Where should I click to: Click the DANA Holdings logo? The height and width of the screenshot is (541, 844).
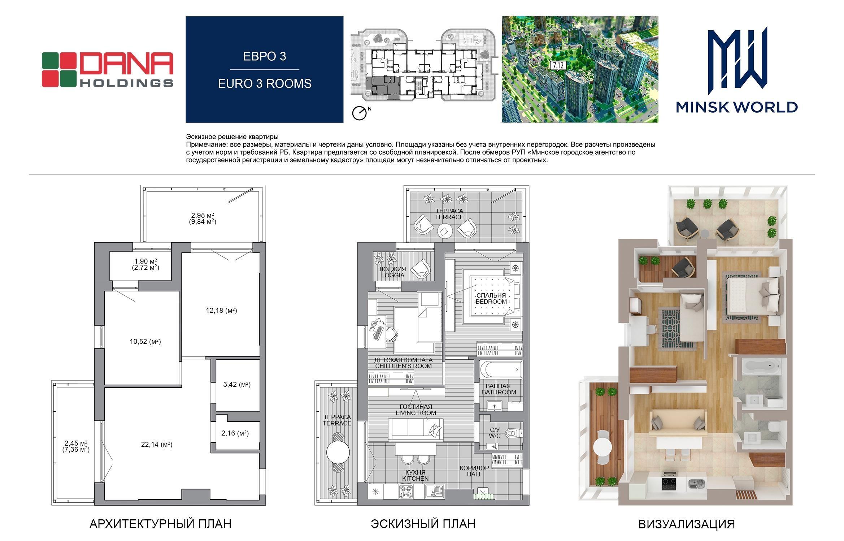tap(107, 70)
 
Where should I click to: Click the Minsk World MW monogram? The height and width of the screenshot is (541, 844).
tap(737, 58)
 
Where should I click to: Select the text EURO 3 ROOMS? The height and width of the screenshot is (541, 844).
tap(265, 83)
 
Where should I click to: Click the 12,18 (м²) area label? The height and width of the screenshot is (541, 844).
tap(221, 310)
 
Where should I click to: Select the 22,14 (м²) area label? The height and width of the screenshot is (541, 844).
tap(157, 445)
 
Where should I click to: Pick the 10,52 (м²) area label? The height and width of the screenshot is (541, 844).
tap(145, 341)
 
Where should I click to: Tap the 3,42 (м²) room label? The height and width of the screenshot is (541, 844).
tap(237, 384)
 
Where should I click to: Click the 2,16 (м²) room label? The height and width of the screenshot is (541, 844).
tap(235, 433)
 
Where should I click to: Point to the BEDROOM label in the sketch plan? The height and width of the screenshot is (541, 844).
tap(491, 302)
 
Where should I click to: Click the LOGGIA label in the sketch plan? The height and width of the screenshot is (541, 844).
tap(392, 275)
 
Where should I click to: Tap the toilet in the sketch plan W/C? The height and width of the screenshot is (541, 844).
tap(513, 433)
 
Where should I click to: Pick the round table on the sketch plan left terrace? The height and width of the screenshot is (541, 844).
tap(338, 452)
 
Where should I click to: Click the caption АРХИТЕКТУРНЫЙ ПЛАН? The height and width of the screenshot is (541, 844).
tap(160, 524)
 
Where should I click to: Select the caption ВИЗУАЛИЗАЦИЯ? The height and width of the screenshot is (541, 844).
tap(687, 524)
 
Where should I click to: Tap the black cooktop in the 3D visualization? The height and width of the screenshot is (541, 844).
tap(670, 484)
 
